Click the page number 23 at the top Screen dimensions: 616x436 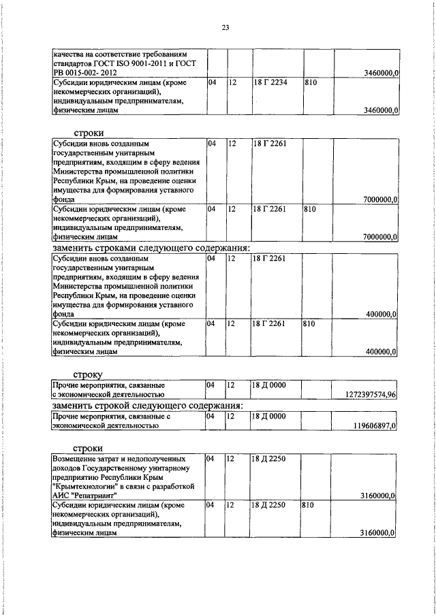(225, 27)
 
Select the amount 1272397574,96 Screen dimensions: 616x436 (367, 394)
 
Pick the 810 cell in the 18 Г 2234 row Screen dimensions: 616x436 (311, 82)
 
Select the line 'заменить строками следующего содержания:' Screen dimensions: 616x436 (151, 248)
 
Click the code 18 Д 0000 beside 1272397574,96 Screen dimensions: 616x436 (268, 385)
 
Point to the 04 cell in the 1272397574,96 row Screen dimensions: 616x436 (212, 385)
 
